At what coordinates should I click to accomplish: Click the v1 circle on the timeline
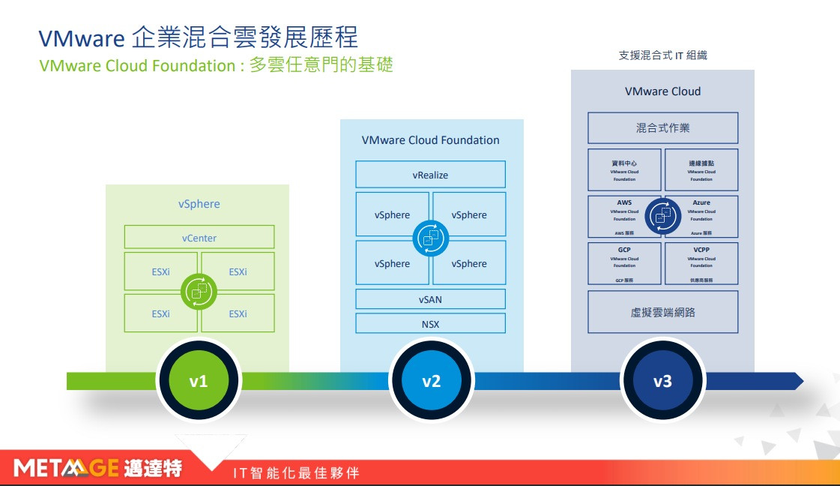point(199,381)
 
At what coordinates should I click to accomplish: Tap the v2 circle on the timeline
point(431,381)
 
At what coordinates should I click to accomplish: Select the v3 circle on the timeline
point(662,381)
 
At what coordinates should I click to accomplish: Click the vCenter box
point(199,238)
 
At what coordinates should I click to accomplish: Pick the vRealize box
point(430,175)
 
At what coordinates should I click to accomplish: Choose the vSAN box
point(430,299)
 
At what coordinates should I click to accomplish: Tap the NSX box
point(430,324)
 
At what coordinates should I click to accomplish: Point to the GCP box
point(624,262)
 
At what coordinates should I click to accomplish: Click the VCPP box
point(701,262)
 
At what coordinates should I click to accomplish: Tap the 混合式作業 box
point(662,128)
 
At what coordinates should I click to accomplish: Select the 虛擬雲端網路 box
point(662,312)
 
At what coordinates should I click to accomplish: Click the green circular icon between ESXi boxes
point(199,291)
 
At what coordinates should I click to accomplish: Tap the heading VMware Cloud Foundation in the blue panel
point(430,140)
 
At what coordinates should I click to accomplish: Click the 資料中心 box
point(624,169)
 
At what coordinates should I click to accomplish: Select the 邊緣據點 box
point(701,169)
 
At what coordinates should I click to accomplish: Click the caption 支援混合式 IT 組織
point(662,55)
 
